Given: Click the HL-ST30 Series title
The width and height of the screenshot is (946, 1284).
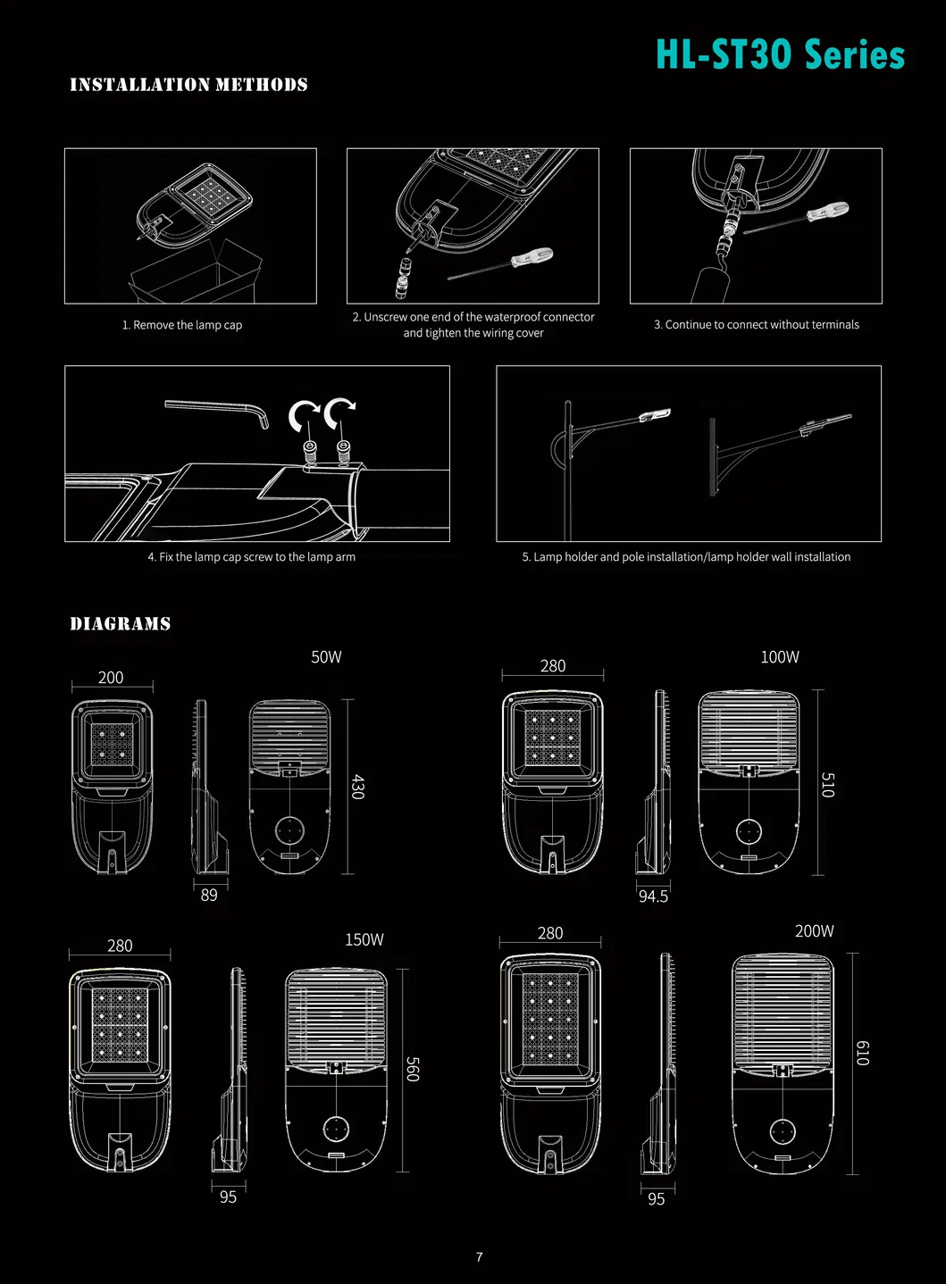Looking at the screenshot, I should click(780, 54).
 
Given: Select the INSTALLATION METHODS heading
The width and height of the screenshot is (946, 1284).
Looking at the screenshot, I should click(188, 85).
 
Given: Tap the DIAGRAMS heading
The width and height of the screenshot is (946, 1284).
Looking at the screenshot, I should click(120, 624).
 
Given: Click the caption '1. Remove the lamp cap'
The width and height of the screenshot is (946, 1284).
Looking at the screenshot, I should click(182, 325).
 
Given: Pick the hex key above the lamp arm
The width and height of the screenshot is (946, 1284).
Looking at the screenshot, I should click(217, 411).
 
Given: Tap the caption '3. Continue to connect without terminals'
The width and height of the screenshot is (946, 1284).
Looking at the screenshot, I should click(756, 325).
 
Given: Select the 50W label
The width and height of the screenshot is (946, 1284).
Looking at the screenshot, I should click(326, 657).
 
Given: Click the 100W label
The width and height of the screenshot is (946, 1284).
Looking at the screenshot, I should click(779, 657).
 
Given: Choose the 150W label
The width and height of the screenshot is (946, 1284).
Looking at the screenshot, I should click(364, 939).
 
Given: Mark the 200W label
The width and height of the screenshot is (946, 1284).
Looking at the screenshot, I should click(814, 931).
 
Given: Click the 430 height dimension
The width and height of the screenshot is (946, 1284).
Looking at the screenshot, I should click(358, 787).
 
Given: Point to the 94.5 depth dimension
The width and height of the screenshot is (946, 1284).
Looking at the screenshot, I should click(653, 896).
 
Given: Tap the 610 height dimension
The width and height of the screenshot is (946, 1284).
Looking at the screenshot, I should click(862, 1053).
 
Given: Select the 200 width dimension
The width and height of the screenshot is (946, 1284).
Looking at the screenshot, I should click(111, 678).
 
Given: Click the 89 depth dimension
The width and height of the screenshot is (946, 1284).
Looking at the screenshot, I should click(209, 895).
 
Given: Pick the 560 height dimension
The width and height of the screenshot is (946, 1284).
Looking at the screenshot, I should click(412, 1069).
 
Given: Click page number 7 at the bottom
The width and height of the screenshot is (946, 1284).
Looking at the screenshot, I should click(480, 1257).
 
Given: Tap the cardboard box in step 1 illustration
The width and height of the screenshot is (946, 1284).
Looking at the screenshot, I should click(197, 272).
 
